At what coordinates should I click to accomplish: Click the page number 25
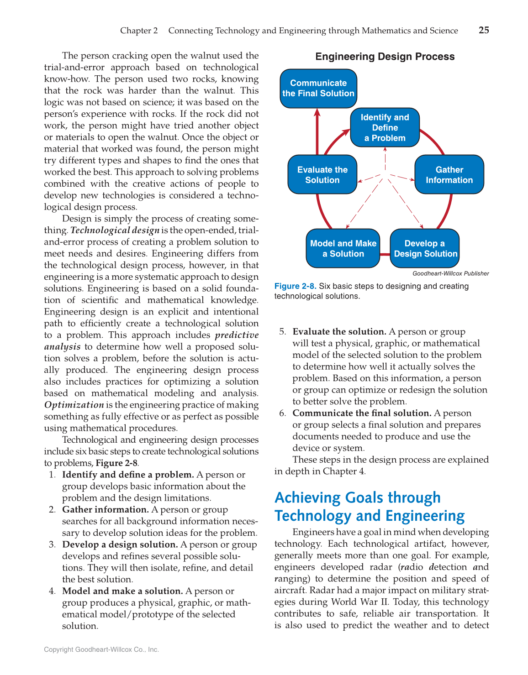pyautogui.click(x=484, y=30)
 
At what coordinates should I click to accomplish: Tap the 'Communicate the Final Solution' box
pyautogui.click(x=318, y=89)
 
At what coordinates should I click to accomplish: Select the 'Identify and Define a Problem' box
pyautogui.click(x=385, y=128)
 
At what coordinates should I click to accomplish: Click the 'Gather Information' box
pyautogui.click(x=449, y=175)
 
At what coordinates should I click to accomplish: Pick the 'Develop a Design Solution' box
pyautogui.click(x=425, y=249)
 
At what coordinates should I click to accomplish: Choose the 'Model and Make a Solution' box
pyautogui.click(x=343, y=249)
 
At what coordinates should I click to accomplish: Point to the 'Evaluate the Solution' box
pyautogui.click(x=322, y=175)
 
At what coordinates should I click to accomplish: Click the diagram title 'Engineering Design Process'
pyautogui.click(x=385, y=57)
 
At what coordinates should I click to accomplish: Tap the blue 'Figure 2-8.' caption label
pyautogui.click(x=295, y=286)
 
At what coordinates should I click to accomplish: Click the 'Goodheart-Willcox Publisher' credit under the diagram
pyautogui.click(x=450, y=273)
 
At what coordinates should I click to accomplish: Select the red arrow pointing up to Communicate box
pyautogui.click(x=317, y=132)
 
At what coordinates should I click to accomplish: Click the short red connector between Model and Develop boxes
pyautogui.click(x=385, y=254)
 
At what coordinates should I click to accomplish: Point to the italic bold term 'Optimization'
pyautogui.click(x=74, y=405)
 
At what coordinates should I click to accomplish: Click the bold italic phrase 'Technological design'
pyautogui.click(x=115, y=230)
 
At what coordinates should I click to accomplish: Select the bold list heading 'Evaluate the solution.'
pyautogui.click(x=339, y=332)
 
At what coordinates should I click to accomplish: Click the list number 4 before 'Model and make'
pyautogui.click(x=52, y=591)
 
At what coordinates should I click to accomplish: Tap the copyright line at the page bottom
pyautogui.click(x=101, y=649)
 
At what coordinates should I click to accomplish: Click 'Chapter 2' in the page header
pyautogui.click(x=139, y=31)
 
